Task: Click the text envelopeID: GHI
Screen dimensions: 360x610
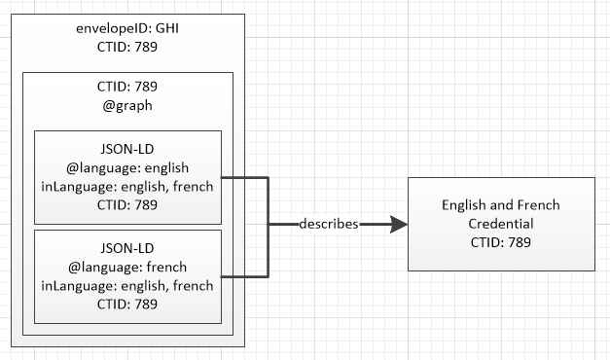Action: coord(128,29)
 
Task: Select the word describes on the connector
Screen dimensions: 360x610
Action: coord(329,224)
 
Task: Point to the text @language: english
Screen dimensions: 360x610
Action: coord(128,169)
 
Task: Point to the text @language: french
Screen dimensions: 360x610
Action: coord(128,268)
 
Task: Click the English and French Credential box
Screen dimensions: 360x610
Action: coord(500,224)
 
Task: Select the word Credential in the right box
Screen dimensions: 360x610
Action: coord(500,224)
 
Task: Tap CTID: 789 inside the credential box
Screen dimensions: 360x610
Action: coord(500,241)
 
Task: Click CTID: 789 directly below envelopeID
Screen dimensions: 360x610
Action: coord(128,46)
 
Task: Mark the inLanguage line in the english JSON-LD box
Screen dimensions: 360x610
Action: coord(128,186)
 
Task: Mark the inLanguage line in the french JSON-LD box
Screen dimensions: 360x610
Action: coord(128,284)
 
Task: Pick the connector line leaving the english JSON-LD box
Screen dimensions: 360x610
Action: coord(245,177)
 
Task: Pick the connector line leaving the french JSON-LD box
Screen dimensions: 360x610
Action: coord(245,276)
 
